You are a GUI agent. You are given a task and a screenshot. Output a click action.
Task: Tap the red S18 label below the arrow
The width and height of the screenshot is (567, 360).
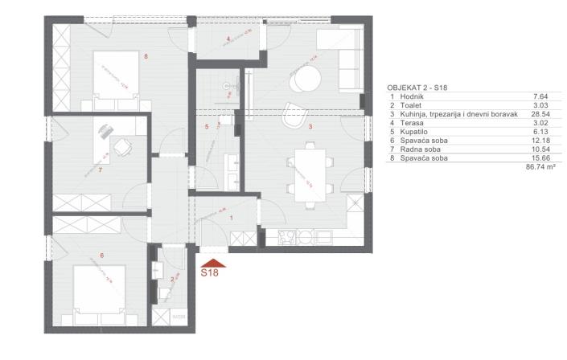point(209,273)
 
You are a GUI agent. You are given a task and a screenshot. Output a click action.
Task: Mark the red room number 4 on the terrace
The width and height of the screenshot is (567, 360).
point(228,39)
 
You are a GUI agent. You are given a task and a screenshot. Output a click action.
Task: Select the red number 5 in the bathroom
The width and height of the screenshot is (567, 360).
point(207,127)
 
